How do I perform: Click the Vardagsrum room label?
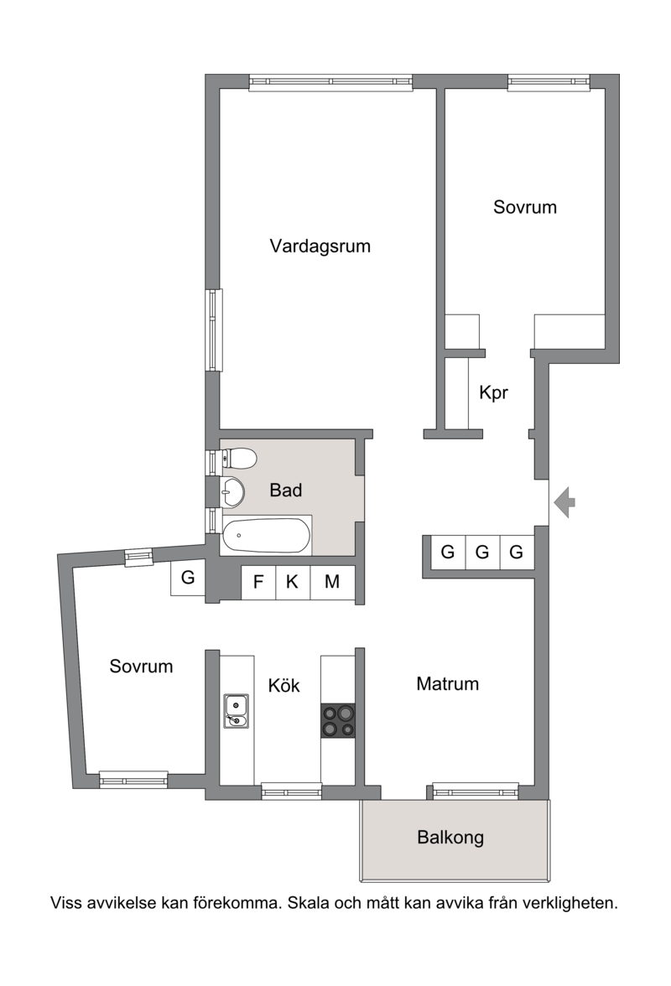pos(320,246)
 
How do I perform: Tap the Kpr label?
pos(493,392)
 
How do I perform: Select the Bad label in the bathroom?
pos(285,490)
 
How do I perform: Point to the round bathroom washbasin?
pos(232,491)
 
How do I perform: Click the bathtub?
pos(267,536)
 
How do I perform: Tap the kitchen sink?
pos(237,711)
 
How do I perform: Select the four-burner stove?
pos(338,721)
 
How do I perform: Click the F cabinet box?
pos(258,582)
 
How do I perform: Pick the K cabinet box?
pos(293,582)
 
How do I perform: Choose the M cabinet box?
pos(333,582)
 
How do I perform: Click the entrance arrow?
pos(564,502)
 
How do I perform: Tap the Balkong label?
pos(450,838)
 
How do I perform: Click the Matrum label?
pos(448,683)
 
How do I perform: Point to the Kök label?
pos(284,685)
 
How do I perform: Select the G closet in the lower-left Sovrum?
pos(187,577)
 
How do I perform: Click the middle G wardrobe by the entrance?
pos(482,552)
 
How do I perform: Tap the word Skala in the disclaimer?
pos(308,903)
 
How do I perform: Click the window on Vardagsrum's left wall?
pos(215,330)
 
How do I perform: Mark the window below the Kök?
pos(291,791)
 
